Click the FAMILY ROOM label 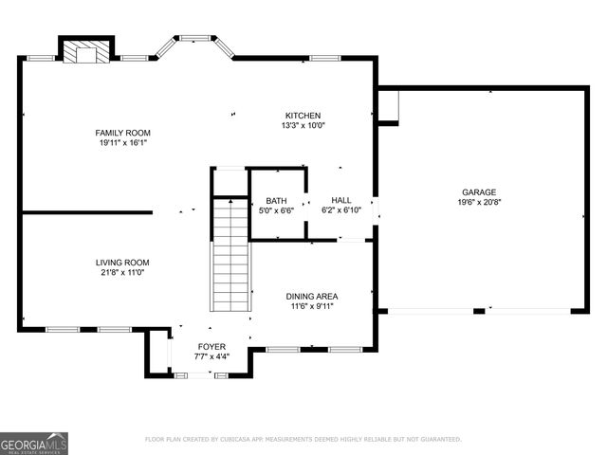122,133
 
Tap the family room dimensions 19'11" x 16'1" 122,143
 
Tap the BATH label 276,201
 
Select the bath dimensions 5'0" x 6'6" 276,210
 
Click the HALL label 341,201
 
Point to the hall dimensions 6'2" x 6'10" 341,210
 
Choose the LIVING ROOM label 122,263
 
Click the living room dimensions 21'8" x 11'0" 122,273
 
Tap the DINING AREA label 312,297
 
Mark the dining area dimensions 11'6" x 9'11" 312,307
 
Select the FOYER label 211,347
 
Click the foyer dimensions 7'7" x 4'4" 211,357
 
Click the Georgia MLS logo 34,444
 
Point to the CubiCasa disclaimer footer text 303,440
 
